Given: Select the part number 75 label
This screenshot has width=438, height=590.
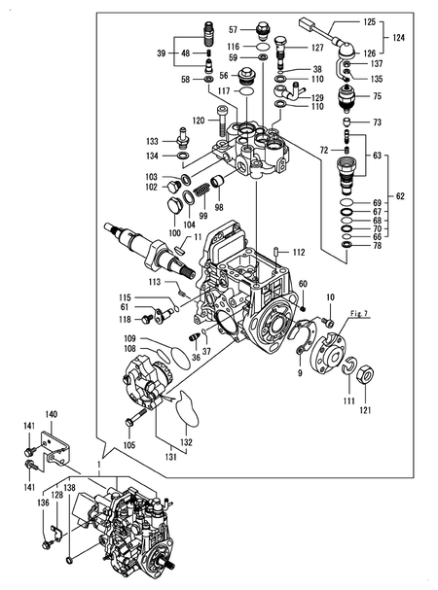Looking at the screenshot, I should [377, 96].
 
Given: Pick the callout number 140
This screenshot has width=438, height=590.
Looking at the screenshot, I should [51, 414].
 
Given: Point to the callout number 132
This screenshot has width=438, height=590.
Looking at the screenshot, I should [186, 441].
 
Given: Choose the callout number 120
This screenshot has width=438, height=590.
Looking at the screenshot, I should [198, 121].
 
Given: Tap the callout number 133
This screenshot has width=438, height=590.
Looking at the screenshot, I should [153, 140].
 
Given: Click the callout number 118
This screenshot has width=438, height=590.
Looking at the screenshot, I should [125, 319].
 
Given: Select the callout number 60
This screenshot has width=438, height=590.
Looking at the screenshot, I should [303, 283].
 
